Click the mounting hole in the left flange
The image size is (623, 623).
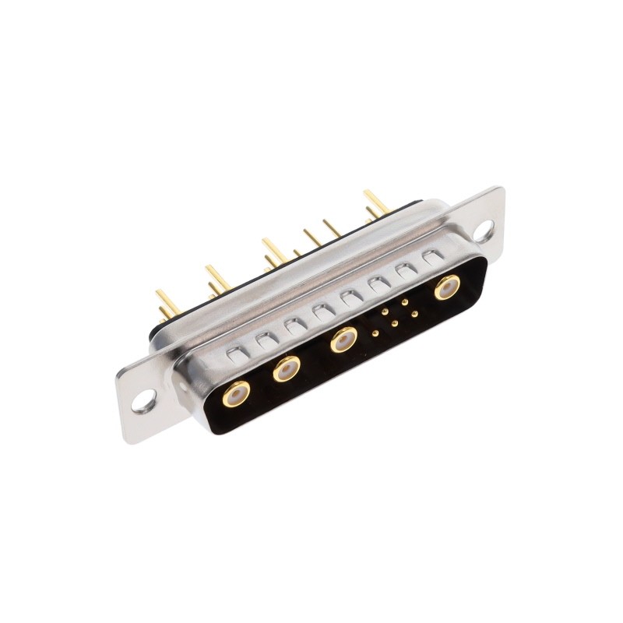143,403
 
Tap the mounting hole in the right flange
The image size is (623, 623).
483,229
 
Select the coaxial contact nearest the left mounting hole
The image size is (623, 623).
234,395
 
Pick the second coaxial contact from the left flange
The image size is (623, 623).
287,368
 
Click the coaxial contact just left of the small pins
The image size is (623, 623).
341,340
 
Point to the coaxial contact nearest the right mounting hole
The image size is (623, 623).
445,287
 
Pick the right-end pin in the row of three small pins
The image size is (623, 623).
414,314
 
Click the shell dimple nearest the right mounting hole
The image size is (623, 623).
431,255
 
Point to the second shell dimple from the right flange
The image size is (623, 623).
405,269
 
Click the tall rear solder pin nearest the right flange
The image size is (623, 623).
375,200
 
